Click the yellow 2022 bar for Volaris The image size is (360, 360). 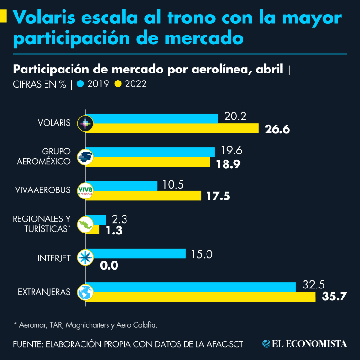(175, 128)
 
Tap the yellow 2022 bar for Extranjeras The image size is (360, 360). (204, 297)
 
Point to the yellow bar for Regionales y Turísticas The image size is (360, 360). (95, 230)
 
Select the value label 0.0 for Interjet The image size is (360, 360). (109, 265)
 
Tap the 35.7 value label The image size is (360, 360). (334, 297)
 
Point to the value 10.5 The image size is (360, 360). (173, 185)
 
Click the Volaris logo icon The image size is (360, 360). (85, 124)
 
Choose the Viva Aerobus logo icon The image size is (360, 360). (85, 190)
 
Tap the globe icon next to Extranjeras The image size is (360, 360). (85, 292)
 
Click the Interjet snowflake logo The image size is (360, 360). (85, 258)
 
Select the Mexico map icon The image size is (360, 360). (85, 225)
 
